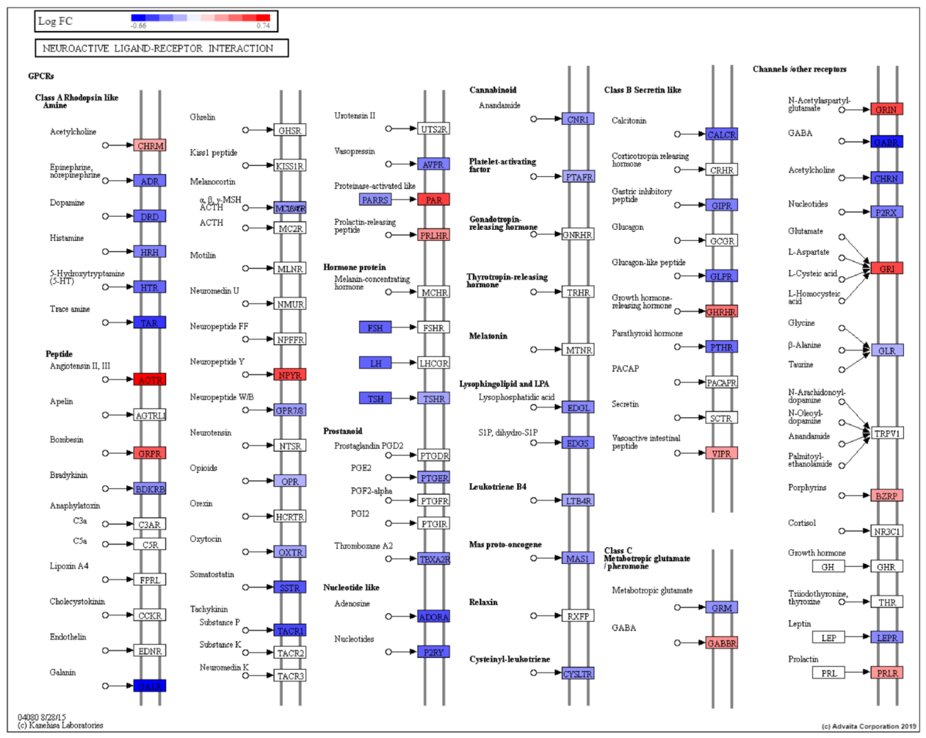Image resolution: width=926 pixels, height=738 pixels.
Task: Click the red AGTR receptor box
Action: pyautogui.click(x=150, y=380)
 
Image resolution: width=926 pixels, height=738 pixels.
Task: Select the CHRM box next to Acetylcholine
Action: pyautogui.click(x=150, y=146)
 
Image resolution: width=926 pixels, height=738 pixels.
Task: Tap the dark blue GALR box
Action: pyautogui.click(x=150, y=686)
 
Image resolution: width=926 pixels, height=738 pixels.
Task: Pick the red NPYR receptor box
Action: pyautogui.click(x=290, y=375)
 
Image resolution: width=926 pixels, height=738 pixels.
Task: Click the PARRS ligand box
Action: pyautogui.click(x=375, y=200)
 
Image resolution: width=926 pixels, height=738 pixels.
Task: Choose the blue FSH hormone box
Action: pyautogui.click(x=375, y=327)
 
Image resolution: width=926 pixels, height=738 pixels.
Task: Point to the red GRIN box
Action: pyautogui.click(x=887, y=109)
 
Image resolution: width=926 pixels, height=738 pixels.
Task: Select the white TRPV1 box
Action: pyautogui.click(x=887, y=434)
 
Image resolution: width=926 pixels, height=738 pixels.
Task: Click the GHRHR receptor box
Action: pyautogui.click(x=722, y=311)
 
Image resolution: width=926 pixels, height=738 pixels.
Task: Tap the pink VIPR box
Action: pyautogui.click(x=722, y=454)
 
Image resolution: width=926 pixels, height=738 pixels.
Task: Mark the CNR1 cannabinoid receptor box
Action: pyautogui.click(x=578, y=119)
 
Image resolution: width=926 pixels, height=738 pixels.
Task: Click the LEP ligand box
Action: pyautogui.click(x=829, y=638)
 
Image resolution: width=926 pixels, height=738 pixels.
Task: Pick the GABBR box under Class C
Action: pyautogui.click(x=722, y=643)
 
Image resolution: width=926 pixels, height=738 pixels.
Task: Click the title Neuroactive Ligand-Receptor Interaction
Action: pyautogui.click(x=158, y=48)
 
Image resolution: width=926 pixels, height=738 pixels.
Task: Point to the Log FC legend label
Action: pyautogui.click(x=55, y=21)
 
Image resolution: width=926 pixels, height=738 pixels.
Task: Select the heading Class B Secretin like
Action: pyautogui.click(x=642, y=90)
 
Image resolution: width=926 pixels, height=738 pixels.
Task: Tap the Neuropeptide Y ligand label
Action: pyautogui.click(x=217, y=362)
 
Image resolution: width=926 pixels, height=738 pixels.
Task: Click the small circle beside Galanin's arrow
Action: pyautogui.click(x=106, y=686)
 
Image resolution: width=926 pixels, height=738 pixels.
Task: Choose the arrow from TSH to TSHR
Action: pyautogui.click(x=404, y=398)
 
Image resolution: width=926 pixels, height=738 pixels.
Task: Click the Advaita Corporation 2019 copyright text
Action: pyautogui.click(x=869, y=726)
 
